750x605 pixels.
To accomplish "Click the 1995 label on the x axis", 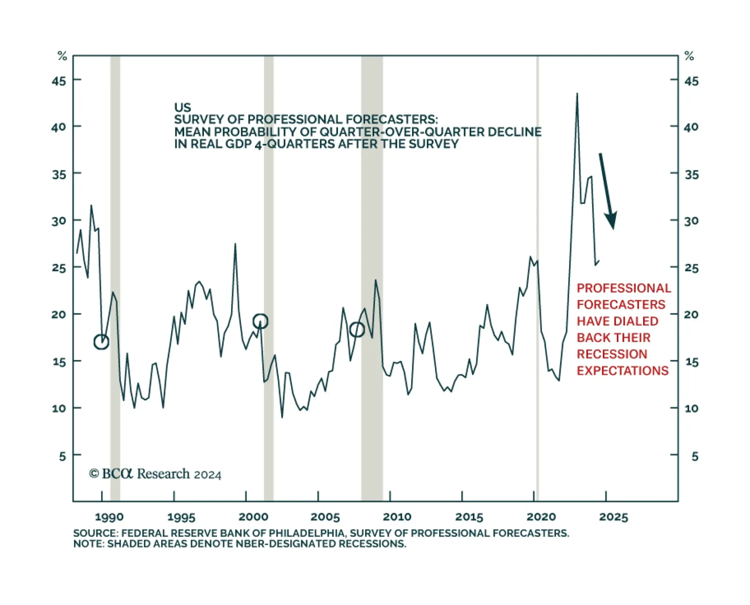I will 181,517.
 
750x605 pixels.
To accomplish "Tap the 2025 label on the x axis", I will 613,517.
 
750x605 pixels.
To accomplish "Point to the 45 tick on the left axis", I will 59,81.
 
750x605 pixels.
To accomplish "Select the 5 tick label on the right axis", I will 695,456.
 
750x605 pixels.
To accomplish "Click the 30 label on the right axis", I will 691,221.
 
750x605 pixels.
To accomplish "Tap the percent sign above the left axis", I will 62,56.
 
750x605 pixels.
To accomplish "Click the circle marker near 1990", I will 101,342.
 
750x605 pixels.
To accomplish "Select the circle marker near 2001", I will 260,321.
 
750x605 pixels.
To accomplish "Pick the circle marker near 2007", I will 357,330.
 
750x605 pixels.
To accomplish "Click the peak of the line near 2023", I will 577,94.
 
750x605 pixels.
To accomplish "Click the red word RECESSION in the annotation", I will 612,354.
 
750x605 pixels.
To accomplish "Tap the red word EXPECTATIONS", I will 622,371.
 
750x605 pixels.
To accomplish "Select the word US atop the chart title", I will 182,107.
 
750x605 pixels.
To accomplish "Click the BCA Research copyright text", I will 155,474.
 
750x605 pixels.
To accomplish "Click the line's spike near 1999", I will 235,244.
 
